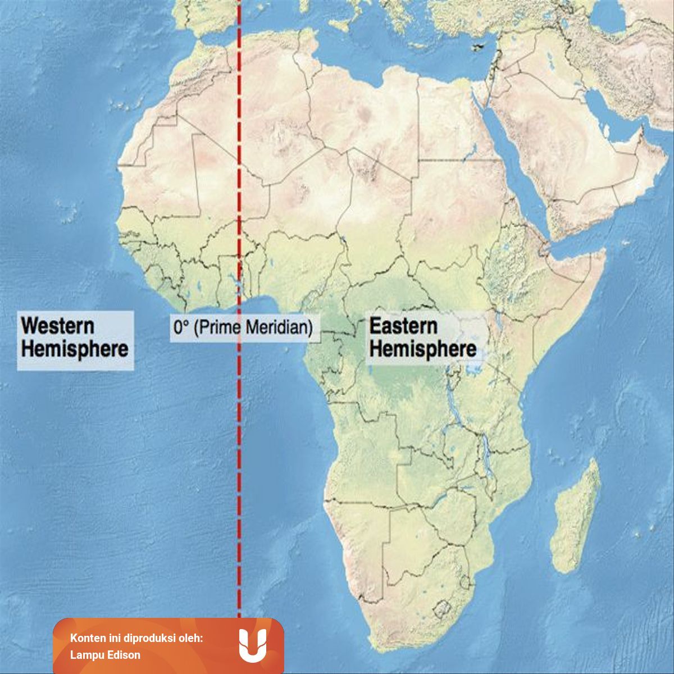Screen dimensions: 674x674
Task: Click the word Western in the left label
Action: [57, 326]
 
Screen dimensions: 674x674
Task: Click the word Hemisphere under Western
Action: [75, 349]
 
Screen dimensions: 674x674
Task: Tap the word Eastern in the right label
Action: [403, 326]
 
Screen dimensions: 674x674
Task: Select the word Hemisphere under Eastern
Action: [423, 349]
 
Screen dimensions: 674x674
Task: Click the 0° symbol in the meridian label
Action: [180, 327]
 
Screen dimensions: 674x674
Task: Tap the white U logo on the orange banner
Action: [252, 645]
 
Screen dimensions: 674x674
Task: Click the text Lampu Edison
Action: [105, 654]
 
